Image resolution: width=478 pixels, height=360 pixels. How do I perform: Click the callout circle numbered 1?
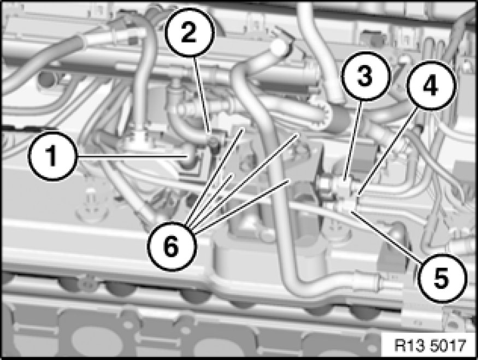(x=52, y=156)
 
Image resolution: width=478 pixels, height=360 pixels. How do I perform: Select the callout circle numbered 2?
(x=190, y=33)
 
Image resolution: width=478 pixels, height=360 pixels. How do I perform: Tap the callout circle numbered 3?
(x=365, y=76)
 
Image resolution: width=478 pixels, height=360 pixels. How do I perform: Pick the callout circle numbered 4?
(x=431, y=86)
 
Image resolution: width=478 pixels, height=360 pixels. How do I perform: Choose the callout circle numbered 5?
(x=442, y=278)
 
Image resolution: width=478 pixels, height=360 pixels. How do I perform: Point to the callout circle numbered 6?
(x=172, y=246)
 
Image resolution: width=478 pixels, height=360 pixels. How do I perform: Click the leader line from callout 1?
(x=132, y=156)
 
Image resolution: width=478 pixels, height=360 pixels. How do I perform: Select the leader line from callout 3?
(x=352, y=140)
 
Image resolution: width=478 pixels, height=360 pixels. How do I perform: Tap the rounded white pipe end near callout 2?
(x=279, y=47)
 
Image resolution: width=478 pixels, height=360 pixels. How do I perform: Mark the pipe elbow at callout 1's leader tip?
(x=191, y=159)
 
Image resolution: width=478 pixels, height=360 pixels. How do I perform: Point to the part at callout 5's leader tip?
(x=347, y=208)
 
